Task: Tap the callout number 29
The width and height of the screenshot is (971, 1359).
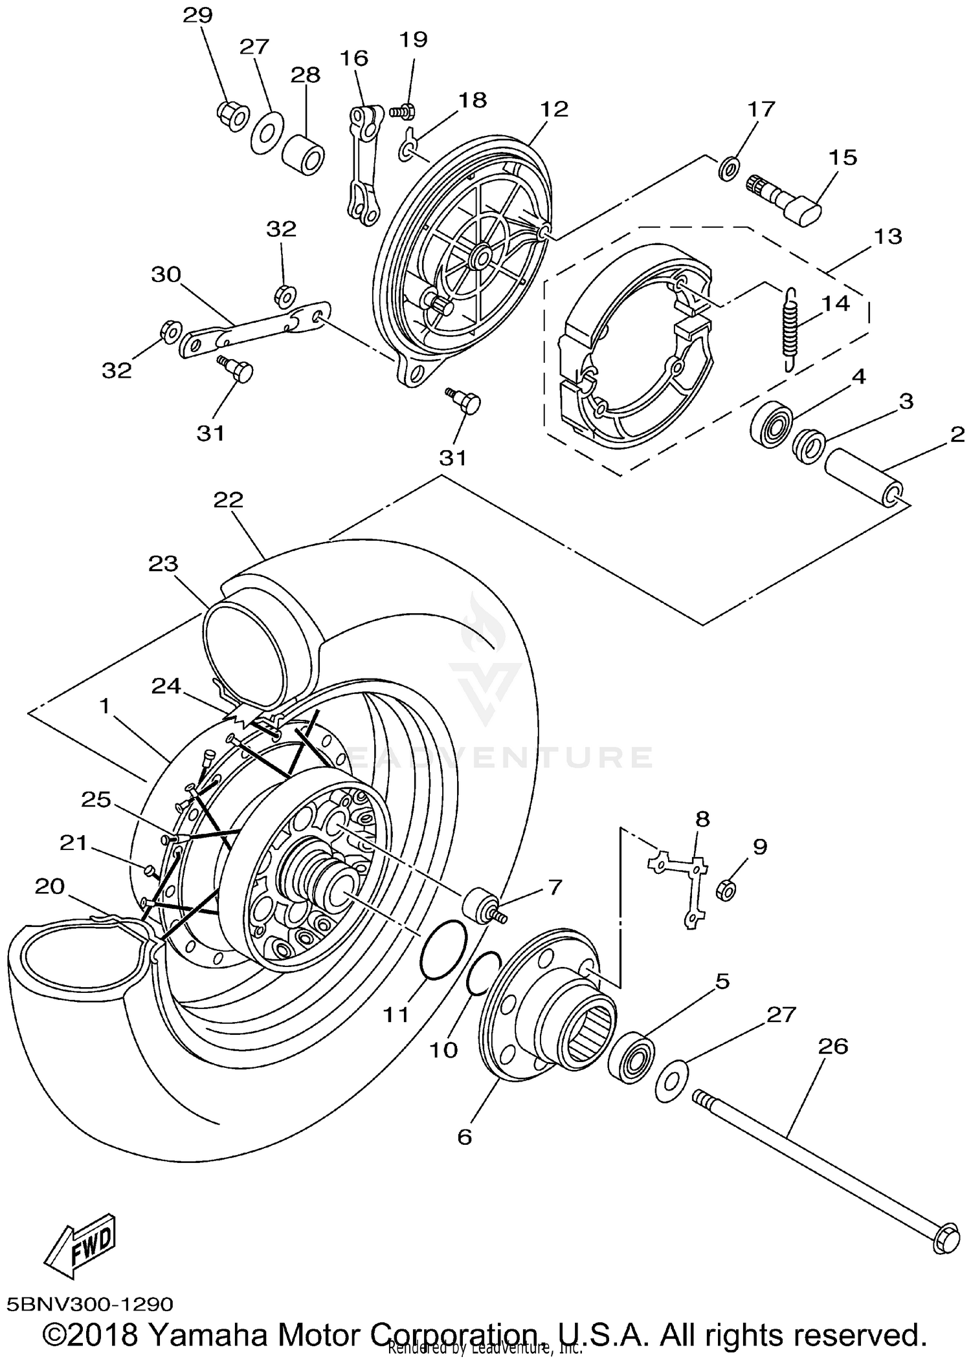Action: [198, 15]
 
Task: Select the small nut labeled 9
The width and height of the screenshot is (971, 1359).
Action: [726, 890]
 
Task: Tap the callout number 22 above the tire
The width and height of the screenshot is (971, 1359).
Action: [229, 499]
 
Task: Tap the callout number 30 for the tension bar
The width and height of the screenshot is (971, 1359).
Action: [166, 274]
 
